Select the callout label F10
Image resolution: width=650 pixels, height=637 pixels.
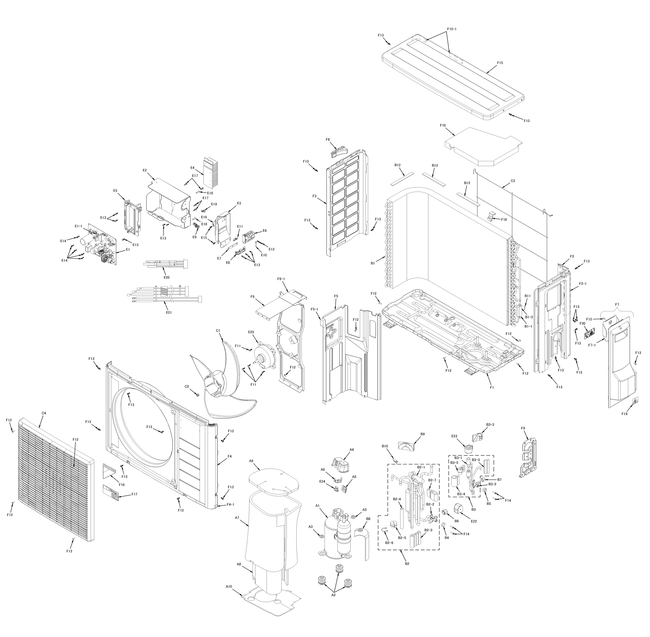click(443, 125)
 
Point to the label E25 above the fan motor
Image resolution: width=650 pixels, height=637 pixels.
click(251, 332)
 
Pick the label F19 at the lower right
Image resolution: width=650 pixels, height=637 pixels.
click(624, 414)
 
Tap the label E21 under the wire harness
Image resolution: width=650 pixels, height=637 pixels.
click(169, 312)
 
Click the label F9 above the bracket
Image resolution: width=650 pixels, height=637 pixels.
click(523, 428)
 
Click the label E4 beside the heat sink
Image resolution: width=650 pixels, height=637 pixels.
click(192, 168)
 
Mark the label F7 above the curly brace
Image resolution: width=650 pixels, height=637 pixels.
click(617, 305)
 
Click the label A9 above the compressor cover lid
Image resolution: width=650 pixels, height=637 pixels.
click(251, 461)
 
